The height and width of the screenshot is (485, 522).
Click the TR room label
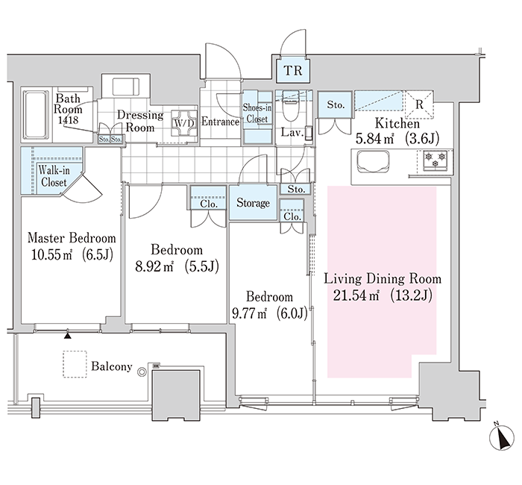coord(293,71)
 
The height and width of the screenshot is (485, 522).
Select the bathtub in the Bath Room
coord(35,115)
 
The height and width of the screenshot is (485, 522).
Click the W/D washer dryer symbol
coord(184,123)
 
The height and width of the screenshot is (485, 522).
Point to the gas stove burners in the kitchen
coord(435,160)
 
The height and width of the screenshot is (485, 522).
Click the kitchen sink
coord(373,163)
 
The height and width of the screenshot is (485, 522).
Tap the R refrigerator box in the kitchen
coord(419,104)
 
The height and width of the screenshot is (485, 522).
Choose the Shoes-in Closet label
coord(257,113)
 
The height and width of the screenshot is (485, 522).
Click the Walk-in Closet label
coord(54,176)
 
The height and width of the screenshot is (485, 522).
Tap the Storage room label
coord(253,203)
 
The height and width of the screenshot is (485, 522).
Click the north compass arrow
coord(502,437)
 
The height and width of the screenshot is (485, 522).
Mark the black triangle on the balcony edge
coord(68,336)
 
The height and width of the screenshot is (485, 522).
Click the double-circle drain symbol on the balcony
coord(142,372)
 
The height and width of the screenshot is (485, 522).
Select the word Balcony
coord(112,366)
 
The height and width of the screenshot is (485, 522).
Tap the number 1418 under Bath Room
coord(68,119)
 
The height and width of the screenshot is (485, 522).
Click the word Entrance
coord(220,122)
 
